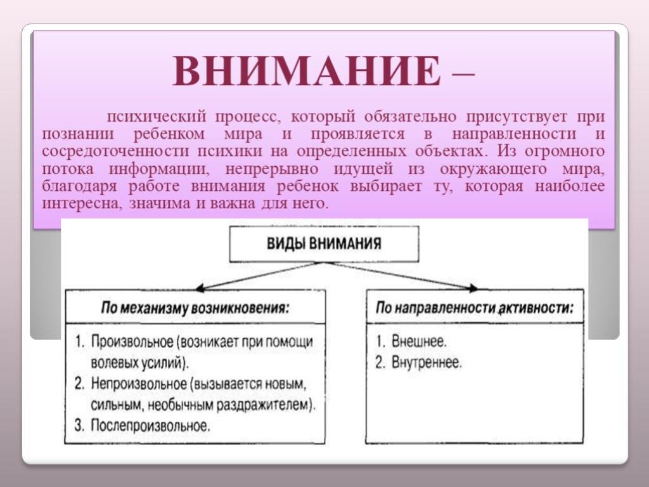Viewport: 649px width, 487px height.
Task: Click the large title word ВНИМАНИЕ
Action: pyautogui.click(x=307, y=70)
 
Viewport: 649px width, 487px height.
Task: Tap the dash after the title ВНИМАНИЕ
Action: pyautogui.click(x=463, y=75)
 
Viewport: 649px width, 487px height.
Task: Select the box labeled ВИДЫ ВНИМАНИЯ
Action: pyautogui.click(x=324, y=244)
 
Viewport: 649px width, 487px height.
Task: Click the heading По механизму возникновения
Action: pyautogui.click(x=195, y=309)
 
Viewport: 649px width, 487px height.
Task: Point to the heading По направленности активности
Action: pyautogui.click(x=475, y=308)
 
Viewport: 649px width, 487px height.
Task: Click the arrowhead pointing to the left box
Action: pyautogui.click(x=200, y=289)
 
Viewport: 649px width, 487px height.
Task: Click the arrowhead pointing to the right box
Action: pyautogui.click(x=472, y=289)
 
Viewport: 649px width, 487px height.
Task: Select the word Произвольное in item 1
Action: pyautogui.click(x=132, y=342)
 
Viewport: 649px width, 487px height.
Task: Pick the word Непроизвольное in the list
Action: pyautogui.click(x=139, y=384)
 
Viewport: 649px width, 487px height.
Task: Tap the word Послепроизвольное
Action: pyautogui.click(x=150, y=425)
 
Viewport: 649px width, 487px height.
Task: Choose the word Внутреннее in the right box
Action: pyautogui.click(x=427, y=363)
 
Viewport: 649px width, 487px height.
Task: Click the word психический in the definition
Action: pyautogui.click(x=156, y=117)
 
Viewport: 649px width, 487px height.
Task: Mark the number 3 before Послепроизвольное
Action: pyautogui.click(x=79, y=425)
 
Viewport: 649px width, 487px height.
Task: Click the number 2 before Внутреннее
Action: pyautogui.click(x=380, y=363)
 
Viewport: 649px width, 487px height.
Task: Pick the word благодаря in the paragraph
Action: pyautogui.click(x=80, y=187)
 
